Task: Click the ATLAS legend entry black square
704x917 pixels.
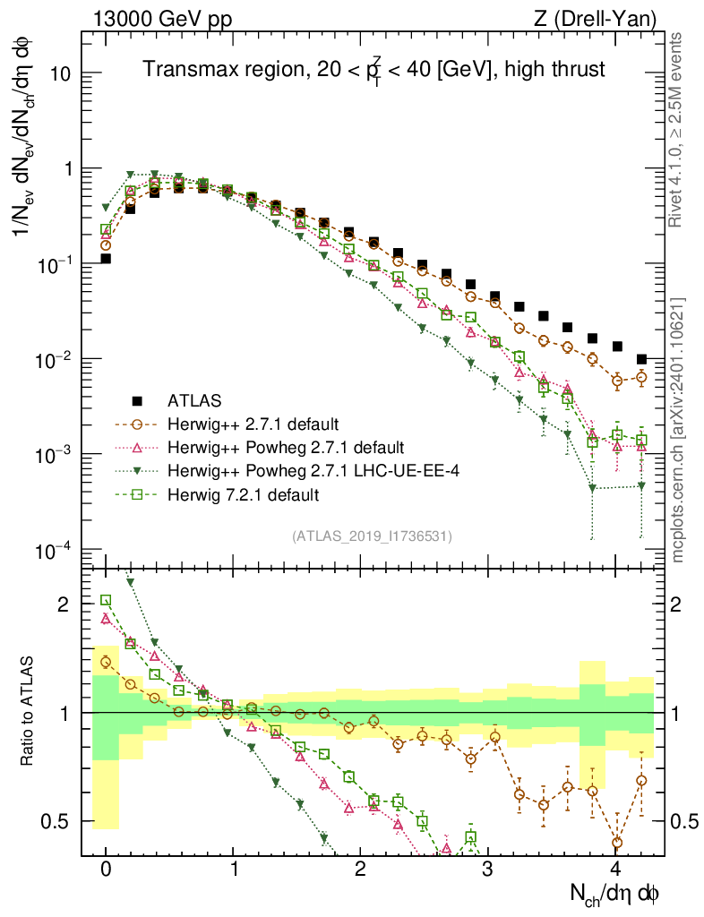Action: pos(136,399)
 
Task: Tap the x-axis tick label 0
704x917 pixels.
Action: pos(106,869)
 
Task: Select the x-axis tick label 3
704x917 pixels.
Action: pos(488,869)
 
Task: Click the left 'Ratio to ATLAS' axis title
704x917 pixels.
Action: pos(30,712)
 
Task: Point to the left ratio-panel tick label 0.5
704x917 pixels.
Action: pos(56,821)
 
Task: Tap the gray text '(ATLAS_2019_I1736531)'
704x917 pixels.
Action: pos(371,536)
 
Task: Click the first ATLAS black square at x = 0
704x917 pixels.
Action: pos(106,259)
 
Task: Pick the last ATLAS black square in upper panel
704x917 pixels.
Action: pos(641,359)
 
